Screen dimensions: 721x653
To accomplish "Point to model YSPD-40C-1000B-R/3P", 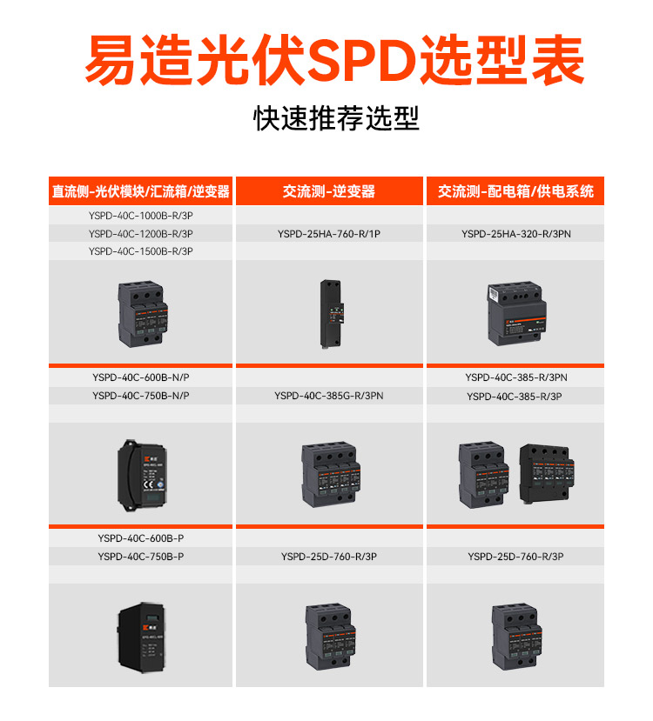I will [140, 216].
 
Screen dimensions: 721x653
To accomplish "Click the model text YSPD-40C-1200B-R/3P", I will [140, 233].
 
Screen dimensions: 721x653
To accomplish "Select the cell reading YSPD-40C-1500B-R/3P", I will [140, 251].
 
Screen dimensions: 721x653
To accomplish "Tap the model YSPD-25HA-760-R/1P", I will [329, 233].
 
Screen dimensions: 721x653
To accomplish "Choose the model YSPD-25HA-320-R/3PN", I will [515, 233].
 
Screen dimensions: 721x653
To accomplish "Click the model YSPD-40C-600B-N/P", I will [140, 377].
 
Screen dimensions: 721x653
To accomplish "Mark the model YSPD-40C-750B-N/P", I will [140, 396].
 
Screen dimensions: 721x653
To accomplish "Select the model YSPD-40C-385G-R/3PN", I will [329, 396].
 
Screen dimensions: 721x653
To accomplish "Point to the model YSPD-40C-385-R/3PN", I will [515, 377].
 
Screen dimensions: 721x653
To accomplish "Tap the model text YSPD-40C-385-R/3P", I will [515, 397].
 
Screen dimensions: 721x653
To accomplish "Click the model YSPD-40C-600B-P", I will [140, 538].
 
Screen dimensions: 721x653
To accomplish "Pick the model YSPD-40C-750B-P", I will [140, 557].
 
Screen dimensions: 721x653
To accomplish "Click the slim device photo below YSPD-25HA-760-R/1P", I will [330, 311].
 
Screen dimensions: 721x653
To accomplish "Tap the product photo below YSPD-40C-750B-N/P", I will [139, 470].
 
